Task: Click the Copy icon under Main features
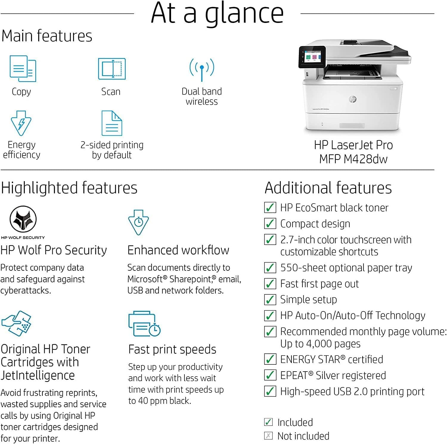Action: (x=23, y=69)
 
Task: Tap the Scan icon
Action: (x=112, y=69)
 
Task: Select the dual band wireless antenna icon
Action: (x=202, y=69)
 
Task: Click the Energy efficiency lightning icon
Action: (x=21, y=123)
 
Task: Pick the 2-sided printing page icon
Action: (x=112, y=123)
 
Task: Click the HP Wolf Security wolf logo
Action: (x=23, y=219)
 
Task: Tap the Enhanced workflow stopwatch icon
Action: (x=138, y=222)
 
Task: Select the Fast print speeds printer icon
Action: (x=144, y=324)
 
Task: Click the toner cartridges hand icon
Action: (x=17, y=323)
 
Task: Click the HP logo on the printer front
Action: (x=353, y=99)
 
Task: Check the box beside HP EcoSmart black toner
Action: (x=270, y=207)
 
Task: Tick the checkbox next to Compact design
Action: (x=270, y=223)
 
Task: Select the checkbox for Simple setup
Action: (x=270, y=299)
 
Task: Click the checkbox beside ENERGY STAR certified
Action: (x=270, y=359)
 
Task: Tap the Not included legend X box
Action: (x=268, y=436)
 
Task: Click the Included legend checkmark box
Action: (x=268, y=422)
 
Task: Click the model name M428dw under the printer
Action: (x=365, y=159)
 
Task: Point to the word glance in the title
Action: (x=244, y=13)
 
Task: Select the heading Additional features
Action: (x=328, y=188)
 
